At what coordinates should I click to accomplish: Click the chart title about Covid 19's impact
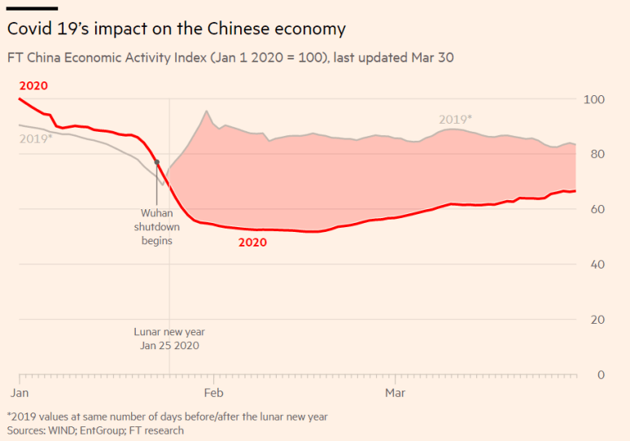click(x=177, y=28)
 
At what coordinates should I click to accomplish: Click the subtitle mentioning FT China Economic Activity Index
click(x=230, y=58)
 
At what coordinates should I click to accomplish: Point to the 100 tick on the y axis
click(x=595, y=99)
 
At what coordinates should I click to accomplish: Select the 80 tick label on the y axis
click(x=597, y=155)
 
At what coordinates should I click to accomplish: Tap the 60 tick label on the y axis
click(x=597, y=210)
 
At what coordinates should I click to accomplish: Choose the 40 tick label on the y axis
click(x=597, y=265)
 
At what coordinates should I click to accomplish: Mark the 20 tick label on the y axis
click(x=597, y=320)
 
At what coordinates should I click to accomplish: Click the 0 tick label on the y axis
click(x=601, y=375)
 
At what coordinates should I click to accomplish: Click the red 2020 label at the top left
click(x=33, y=85)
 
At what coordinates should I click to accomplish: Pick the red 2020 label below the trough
click(x=252, y=242)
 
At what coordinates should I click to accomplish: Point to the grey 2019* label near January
click(x=36, y=138)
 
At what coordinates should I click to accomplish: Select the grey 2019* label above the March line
click(x=456, y=120)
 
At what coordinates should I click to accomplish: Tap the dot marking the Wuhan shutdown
click(x=157, y=163)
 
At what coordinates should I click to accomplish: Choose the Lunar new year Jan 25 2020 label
click(x=168, y=338)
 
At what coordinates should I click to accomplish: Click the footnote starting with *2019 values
click(x=168, y=417)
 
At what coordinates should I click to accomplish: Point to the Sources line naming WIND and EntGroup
click(x=95, y=430)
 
